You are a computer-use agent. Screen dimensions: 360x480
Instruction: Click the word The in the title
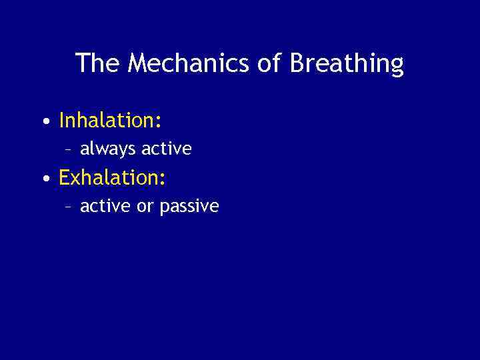click(98, 63)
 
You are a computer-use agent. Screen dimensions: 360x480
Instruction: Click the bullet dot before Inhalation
click(44, 122)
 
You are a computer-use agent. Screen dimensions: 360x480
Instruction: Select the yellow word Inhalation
click(107, 121)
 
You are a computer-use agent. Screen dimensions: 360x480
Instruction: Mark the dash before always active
click(69, 149)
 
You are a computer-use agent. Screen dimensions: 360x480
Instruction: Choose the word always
click(107, 149)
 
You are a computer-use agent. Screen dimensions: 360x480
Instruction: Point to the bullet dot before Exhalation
click(44, 179)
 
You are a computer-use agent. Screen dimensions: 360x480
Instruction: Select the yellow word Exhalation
click(109, 178)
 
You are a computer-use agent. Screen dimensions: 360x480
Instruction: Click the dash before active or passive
click(69, 207)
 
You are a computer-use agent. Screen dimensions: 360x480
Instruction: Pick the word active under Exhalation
click(106, 206)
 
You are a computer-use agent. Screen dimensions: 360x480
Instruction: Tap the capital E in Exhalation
click(65, 178)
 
